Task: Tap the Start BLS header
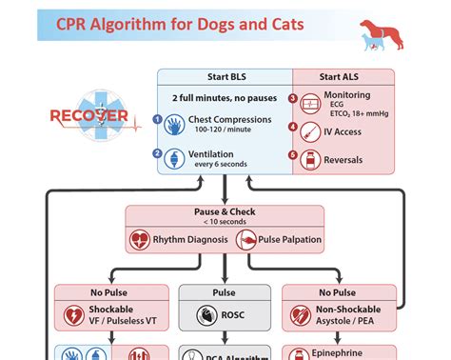[224, 76]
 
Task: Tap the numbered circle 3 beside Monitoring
[293, 98]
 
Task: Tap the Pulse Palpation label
[289, 239]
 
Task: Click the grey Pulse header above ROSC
[225, 293]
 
